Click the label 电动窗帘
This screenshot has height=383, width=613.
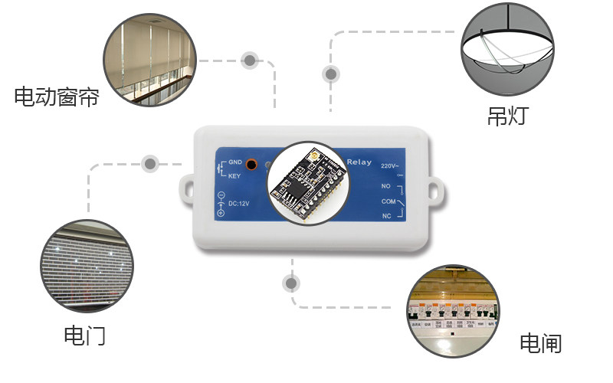[57, 97]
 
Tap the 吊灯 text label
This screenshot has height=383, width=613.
[507, 116]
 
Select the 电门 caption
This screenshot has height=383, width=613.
[84, 336]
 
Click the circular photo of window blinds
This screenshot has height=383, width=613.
[149, 60]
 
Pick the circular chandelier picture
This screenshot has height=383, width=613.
[507, 47]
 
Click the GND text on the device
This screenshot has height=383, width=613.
[234, 163]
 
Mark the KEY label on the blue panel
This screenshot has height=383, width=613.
[234, 176]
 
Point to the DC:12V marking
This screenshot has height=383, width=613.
[238, 204]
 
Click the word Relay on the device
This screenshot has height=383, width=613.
[359, 162]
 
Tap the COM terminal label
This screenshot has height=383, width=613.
[388, 201]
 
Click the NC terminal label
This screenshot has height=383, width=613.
[387, 216]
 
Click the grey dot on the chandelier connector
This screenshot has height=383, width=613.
[331, 74]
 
